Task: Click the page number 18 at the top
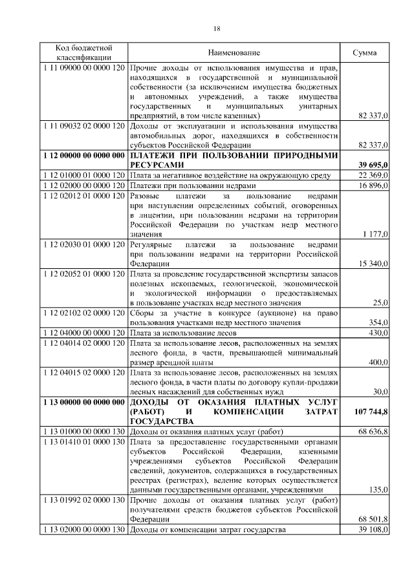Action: pyautogui.click(x=217, y=29)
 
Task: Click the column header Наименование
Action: pyautogui.click(x=234, y=52)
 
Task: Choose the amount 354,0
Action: pyautogui.click(x=377, y=322)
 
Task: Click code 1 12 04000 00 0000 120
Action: pyautogui.click(x=83, y=332)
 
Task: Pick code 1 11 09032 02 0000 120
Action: pyautogui.click(x=83, y=126)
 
